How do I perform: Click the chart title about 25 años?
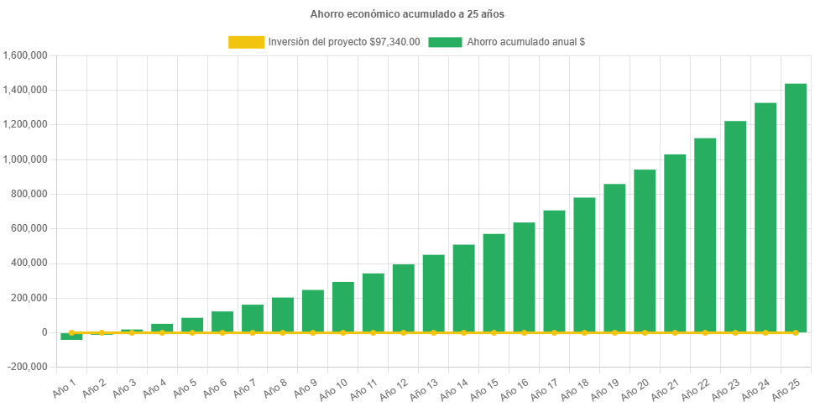click(407, 14)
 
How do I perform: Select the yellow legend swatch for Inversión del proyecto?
click(246, 42)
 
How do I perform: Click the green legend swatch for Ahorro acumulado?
click(445, 42)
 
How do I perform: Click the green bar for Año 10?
click(342, 305)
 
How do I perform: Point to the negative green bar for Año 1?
click(71, 337)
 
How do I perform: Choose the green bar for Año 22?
click(705, 234)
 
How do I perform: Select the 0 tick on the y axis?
click(44, 332)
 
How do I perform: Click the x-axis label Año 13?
click(425, 389)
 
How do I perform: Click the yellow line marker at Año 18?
click(584, 332)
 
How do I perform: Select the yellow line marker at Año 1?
click(71, 332)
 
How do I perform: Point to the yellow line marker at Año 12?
click(403, 332)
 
